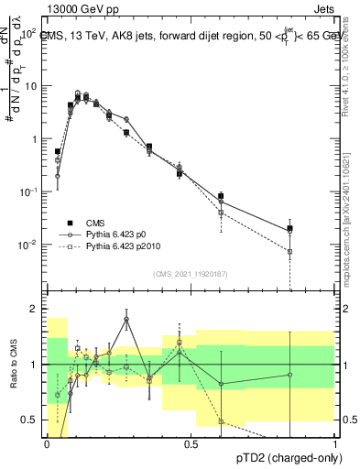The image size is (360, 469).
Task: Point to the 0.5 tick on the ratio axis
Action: click(x=28, y=420)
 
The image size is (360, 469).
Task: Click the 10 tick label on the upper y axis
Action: click(x=30, y=86)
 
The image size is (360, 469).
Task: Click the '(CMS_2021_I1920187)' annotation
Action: click(x=190, y=272)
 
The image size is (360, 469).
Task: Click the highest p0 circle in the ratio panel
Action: click(x=126, y=320)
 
